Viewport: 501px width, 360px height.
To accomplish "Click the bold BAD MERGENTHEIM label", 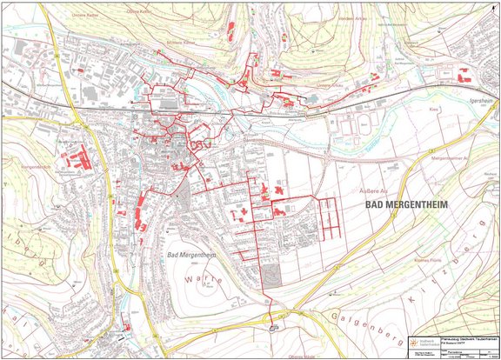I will pos(400,204).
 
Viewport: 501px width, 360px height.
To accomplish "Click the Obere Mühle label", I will pos(298,356).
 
